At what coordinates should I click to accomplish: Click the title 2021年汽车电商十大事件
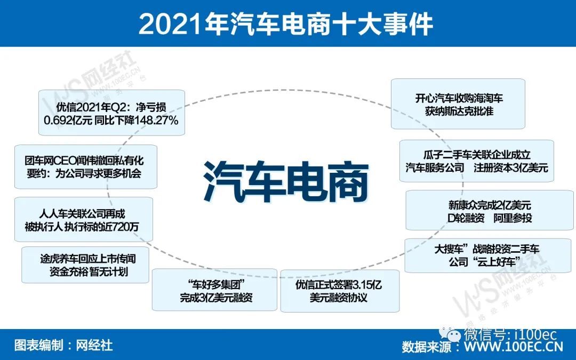[x=285, y=24]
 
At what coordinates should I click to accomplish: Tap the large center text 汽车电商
[x=286, y=182]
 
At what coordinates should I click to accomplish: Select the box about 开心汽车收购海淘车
[x=458, y=104]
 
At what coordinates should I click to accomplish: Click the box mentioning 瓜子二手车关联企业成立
[x=476, y=161]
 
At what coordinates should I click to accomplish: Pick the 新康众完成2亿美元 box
[x=489, y=210]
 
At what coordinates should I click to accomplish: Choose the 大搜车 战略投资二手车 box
[x=487, y=255]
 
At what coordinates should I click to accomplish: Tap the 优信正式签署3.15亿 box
[x=340, y=291]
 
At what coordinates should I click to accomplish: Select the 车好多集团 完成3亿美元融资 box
[x=214, y=290]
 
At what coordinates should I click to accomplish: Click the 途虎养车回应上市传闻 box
[x=85, y=265]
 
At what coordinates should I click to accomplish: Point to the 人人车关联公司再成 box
[x=83, y=219]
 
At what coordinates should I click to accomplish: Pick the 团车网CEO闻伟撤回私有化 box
[x=85, y=167]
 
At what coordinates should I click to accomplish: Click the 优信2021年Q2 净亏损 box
[x=111, y=113]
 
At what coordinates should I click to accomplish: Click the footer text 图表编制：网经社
[x=63, y=345]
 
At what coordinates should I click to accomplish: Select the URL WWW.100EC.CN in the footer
[x=513, y=347]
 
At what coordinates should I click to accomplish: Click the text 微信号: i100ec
[x=510, y=334]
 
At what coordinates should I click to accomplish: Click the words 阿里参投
[x=513, y=218]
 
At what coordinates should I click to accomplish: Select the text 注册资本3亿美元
[x=510, y=168]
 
